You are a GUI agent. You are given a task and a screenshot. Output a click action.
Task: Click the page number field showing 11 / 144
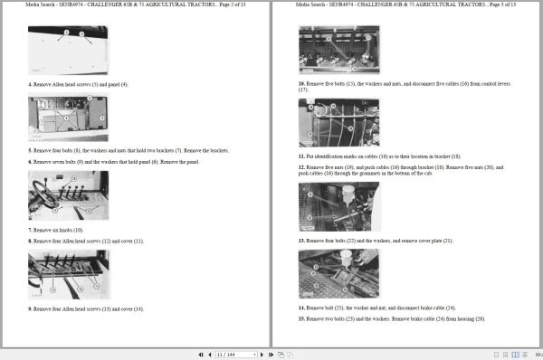(225, 353)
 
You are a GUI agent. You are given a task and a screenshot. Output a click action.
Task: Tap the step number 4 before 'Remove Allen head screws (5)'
(30, 84)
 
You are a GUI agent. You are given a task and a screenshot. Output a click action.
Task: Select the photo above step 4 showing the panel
(67, 50)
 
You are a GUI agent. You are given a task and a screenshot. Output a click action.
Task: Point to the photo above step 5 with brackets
(67, 118)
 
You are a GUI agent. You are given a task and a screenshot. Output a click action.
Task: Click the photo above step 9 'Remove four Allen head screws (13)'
(67, 275)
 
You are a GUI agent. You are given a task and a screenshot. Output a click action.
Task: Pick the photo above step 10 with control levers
(338, 49)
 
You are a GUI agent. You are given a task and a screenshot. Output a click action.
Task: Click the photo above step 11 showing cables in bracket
(338, 122)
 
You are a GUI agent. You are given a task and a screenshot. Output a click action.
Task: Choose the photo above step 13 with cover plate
(338, 206)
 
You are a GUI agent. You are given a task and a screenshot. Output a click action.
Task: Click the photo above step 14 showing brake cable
(338, 273)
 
